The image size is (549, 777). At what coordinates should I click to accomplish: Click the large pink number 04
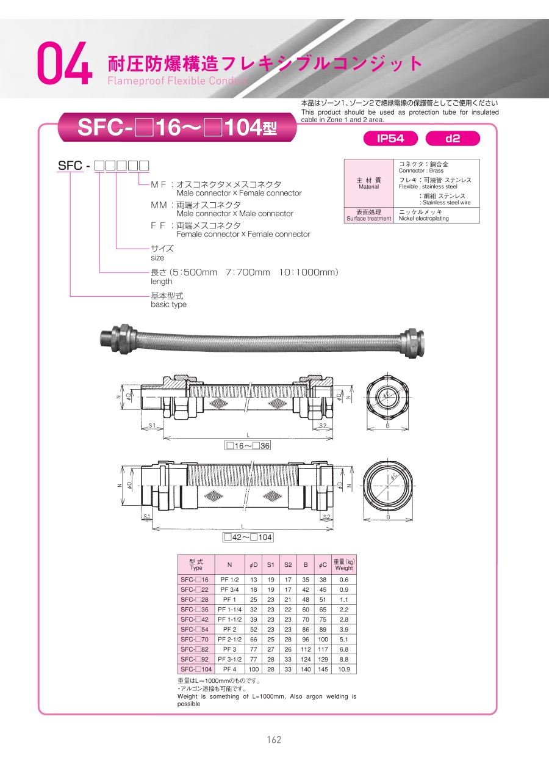[65, 63]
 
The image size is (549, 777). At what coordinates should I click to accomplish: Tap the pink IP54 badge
[390, 139]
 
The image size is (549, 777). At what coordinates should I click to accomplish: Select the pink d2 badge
[453, 139]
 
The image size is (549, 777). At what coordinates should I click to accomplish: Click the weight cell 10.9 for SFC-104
[343, 669]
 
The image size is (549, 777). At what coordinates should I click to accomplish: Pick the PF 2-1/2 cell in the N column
[229, 640]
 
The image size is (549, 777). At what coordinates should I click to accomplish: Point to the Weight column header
[343, 564]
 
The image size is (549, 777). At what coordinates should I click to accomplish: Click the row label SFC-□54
[195, 629]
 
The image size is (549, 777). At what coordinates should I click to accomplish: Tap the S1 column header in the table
[270, 564]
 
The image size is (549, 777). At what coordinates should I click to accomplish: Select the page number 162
[274, 740]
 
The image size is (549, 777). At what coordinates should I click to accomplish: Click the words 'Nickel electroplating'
[423, 219]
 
